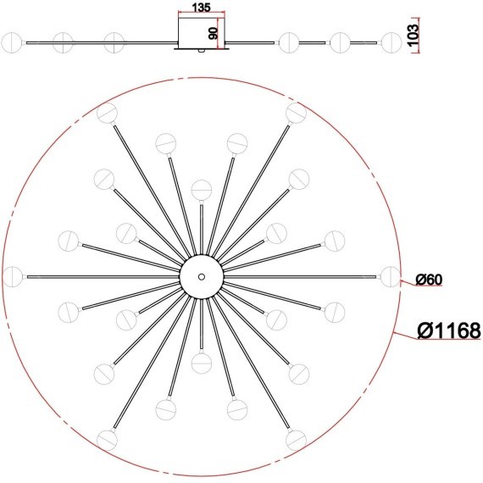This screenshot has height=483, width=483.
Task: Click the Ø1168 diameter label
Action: pos(449,330)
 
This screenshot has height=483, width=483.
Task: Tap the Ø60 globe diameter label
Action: pos(429,280)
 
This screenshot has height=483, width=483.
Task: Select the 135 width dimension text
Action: pos(201,8)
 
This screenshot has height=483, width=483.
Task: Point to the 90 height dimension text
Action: pos(214,33)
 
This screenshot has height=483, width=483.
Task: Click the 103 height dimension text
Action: pos(413,35)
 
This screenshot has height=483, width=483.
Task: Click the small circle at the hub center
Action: pos(202,276)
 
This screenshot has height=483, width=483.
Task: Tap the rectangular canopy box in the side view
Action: pos(202,33)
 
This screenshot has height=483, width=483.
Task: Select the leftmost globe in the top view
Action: pos(13,276)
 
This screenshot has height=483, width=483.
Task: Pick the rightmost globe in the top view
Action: pos(391,276)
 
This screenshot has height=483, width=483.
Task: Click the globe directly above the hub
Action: pos(202,190)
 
